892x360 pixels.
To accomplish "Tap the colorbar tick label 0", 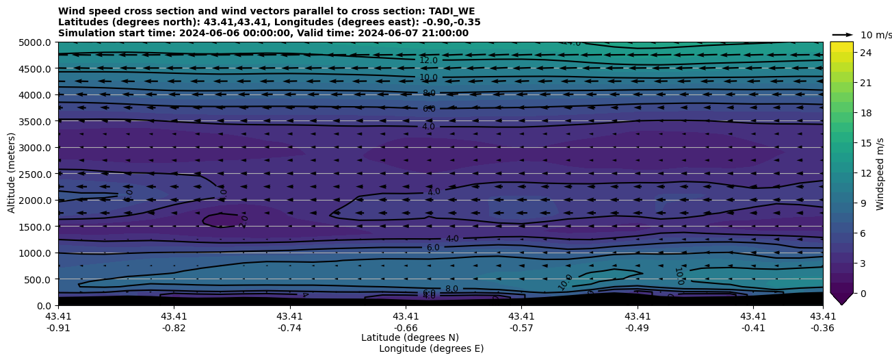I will [863, 293].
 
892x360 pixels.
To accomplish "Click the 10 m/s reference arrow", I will [843, 35].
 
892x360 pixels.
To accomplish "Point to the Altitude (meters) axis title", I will [12, 173].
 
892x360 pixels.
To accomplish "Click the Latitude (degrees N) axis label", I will [410, 337].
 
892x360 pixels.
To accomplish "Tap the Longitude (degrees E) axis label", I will [431, 348].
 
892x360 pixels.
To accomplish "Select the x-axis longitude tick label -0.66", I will [406, 327].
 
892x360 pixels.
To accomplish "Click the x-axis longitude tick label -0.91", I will [58, 327].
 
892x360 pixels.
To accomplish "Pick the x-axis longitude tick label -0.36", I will [823, 327].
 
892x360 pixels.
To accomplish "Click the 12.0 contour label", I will [428, 61].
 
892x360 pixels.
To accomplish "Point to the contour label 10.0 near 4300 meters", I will [428, 78].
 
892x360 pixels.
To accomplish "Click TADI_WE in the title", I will [450, 11].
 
